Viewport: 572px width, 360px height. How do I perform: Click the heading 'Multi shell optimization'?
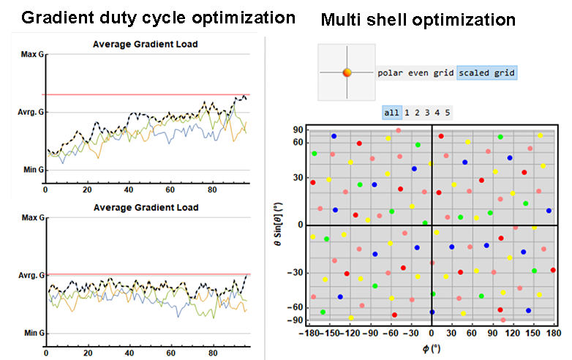pyautogui.click(x=418, y=20)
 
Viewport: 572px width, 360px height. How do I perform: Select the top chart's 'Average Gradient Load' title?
pyautogui.click(x=146, y=45)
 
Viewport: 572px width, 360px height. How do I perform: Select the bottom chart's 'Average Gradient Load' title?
pyautogui.click(x=146, y=208)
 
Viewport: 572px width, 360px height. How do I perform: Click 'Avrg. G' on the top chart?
pyautogui.click(x=27, y=112)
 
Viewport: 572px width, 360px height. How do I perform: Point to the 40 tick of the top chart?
pyautogui.click(x=129, y=190)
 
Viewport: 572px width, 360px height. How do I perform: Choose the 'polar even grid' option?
pyautogui.click(x=415, y=72)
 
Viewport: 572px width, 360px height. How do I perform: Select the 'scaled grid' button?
pyautogui.click(x=487, y=72)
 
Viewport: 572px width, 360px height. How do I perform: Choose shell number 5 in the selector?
pyautogui.click(x=447, y=113)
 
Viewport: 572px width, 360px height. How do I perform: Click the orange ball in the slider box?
pyautogui.click(x=347, y=72)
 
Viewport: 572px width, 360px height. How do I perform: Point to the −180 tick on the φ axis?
pyautogui.click(x=312, y=333)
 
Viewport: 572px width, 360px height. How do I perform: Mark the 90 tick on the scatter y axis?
pyautogui.click(x=298, y=130)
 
